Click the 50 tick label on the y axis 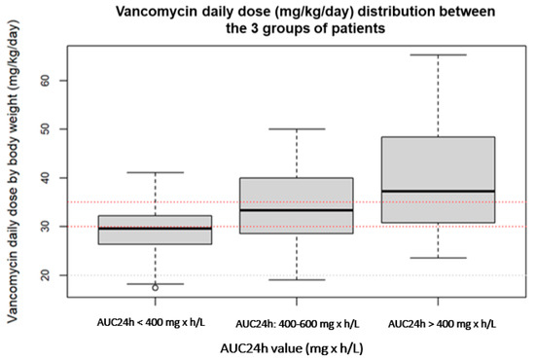45,128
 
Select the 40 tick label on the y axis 45,178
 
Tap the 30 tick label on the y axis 45,227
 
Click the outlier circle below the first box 155,287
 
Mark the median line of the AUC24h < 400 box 155,228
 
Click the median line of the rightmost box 440,191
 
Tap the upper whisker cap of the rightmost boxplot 440,54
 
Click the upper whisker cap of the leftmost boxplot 155,173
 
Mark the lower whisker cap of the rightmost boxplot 440,258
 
